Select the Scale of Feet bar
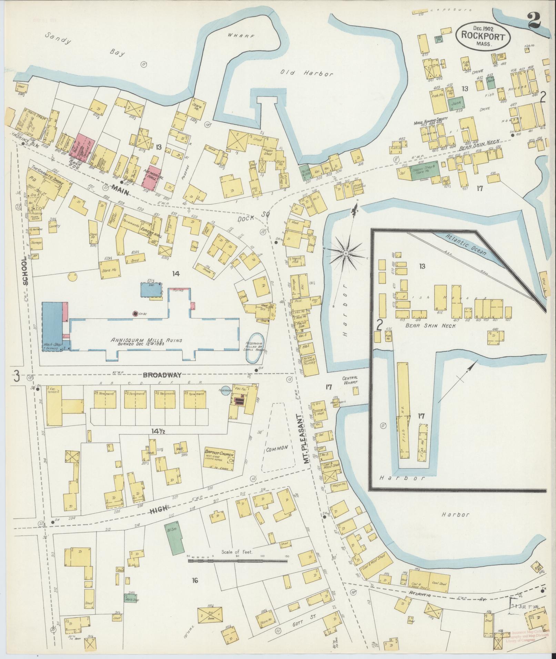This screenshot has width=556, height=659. click(x=238, y=320)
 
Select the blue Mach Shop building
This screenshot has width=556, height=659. click(x=52, y=326)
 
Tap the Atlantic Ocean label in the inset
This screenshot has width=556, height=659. click(x=465, y=245)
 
